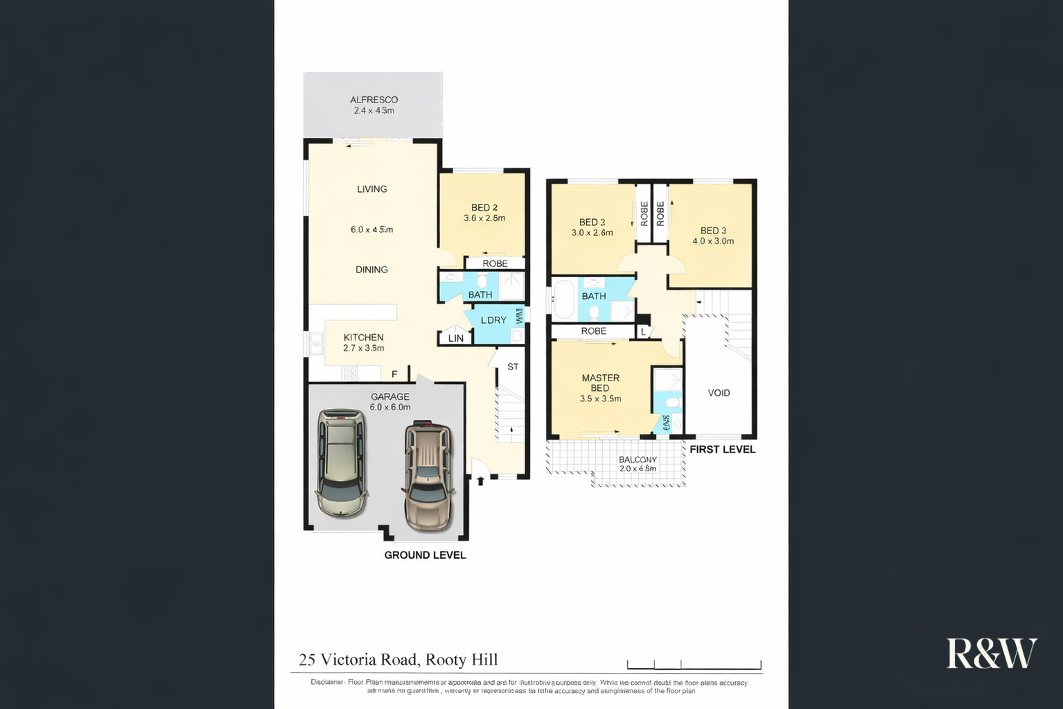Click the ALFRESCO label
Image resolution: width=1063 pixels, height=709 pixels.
click(374, 100)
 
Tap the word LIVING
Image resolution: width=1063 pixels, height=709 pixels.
click(372, 189)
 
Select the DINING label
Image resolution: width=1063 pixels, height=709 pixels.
click(371, 270)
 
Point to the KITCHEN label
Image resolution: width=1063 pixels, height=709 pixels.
click(363, 338)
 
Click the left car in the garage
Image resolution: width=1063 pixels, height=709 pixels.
click(342, 462)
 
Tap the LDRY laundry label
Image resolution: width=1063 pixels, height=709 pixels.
click(493, 320)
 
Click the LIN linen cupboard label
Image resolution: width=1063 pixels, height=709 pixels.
click(456, 338)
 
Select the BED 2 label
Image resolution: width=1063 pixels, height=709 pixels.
click(484, 208)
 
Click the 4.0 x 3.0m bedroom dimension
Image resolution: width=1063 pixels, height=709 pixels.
click(713, 241)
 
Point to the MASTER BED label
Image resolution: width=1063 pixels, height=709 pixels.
click(600, 383)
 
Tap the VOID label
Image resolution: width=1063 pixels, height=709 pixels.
click(719, 393)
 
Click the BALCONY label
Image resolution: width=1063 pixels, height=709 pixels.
click(638, 459)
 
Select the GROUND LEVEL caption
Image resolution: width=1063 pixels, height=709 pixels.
click(425, 555)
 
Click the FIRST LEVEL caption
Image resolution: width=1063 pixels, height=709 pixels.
click(722, 449)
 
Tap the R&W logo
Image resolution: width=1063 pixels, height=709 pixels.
click(991, 654)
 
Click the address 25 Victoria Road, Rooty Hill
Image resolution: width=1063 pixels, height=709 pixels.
click(398, 660)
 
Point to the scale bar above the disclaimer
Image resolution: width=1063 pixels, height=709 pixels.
click(694, 665)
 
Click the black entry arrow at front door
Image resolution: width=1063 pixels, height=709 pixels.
click(481, 480)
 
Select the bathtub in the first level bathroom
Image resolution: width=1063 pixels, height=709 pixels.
click(564, 299)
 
